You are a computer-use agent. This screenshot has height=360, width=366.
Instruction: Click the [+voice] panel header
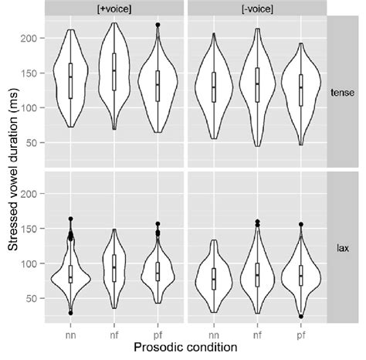click(x=114, y=8)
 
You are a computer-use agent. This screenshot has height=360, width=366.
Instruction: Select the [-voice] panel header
click(x=258, y=8)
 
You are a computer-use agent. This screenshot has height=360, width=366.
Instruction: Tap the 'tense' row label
click(x=345, y=90)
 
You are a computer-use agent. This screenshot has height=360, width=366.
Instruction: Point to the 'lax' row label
click(x=345, y=249)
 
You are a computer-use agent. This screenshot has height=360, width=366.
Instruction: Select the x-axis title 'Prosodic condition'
click(x=186, y=349)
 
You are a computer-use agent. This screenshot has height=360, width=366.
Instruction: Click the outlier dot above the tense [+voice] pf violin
click(x=158, y=25)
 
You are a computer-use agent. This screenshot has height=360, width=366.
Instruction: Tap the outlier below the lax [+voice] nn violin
click(x=70, y=313)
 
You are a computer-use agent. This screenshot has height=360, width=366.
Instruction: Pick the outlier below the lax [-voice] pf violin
click(x=301, y=317)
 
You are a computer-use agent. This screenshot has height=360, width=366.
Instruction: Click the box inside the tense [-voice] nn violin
click(x=214, y=87)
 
